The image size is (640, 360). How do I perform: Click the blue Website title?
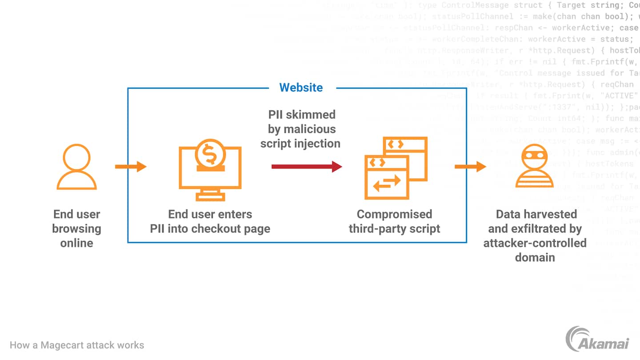(x=301, y=87)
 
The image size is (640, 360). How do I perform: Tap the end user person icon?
(x=76, y=167)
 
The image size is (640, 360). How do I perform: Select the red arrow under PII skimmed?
(x=306, y=167)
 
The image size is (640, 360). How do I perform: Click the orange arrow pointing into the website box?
(x=131, y=167)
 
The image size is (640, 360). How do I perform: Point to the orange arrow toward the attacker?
(x=470, y=167)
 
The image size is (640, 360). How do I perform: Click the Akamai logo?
(x=597, y=339)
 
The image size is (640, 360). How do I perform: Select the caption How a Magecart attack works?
(x=77, y=345)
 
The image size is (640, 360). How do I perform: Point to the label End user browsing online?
(x=76, y=228)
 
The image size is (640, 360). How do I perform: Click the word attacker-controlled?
(x=535, y=243)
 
